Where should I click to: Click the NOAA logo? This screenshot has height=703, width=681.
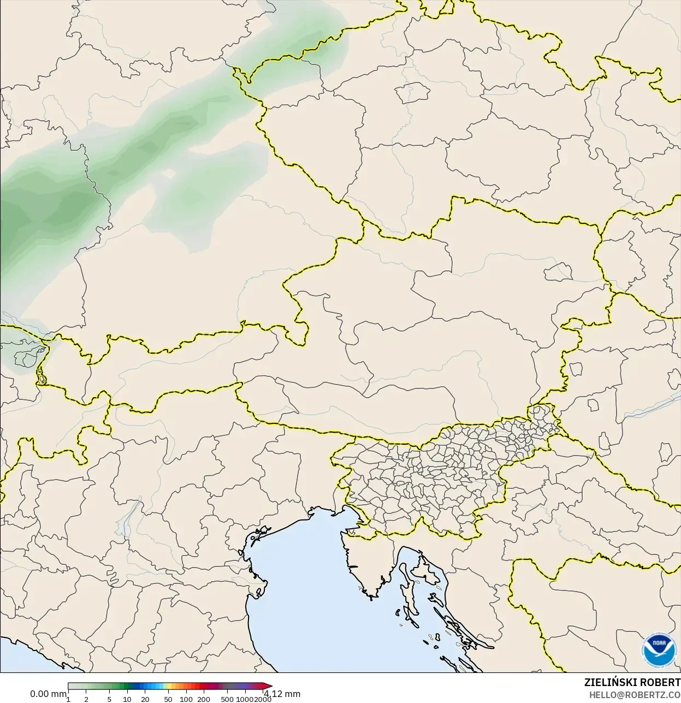coord(659,650)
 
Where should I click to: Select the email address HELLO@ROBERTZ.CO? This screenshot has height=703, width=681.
coord(635,694)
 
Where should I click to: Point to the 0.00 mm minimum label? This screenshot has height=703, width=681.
coord(48,694)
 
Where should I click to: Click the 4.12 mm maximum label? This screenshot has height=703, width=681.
coord(282,694)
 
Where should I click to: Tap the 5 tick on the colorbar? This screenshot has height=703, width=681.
coord(109,699)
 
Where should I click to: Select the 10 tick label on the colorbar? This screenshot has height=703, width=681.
coord(127,699)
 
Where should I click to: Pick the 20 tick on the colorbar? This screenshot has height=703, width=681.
coord(145,699)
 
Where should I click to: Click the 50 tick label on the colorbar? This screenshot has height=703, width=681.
coord(168,699)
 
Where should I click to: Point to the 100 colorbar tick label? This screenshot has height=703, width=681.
coord(186,699)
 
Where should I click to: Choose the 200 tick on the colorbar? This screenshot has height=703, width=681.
coord(204,699)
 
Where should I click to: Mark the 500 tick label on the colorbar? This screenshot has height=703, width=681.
coord(227,699)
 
